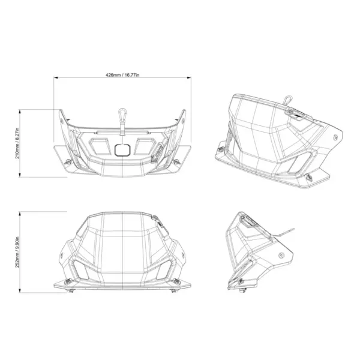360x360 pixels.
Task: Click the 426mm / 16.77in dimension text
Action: [x=122, y=75]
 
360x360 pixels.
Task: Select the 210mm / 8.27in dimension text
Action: [x=17, y=143]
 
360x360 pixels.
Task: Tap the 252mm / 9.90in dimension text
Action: [x=17, y=252]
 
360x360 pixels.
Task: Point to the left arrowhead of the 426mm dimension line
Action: [x=56, y=78]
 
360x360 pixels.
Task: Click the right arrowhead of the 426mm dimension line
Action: [x=189, y=78]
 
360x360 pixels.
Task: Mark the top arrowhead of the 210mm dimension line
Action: [x=20, y=112]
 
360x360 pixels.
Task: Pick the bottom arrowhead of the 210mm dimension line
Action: [x=20, y=175]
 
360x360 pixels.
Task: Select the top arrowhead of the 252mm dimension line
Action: [x=20, y=214]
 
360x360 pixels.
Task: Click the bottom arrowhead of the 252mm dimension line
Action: [x=20, y=290]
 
